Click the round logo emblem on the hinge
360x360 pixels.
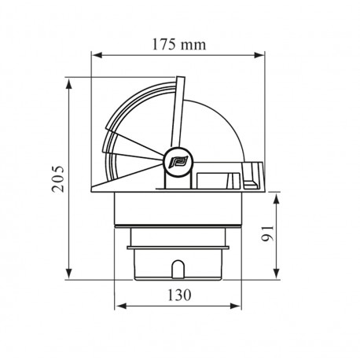[x=174, y=163]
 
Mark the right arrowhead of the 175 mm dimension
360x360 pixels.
[x=263, y=56]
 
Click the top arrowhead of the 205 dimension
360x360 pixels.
[x=72, y=82]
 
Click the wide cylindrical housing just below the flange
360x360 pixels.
[x=180, y=211]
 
